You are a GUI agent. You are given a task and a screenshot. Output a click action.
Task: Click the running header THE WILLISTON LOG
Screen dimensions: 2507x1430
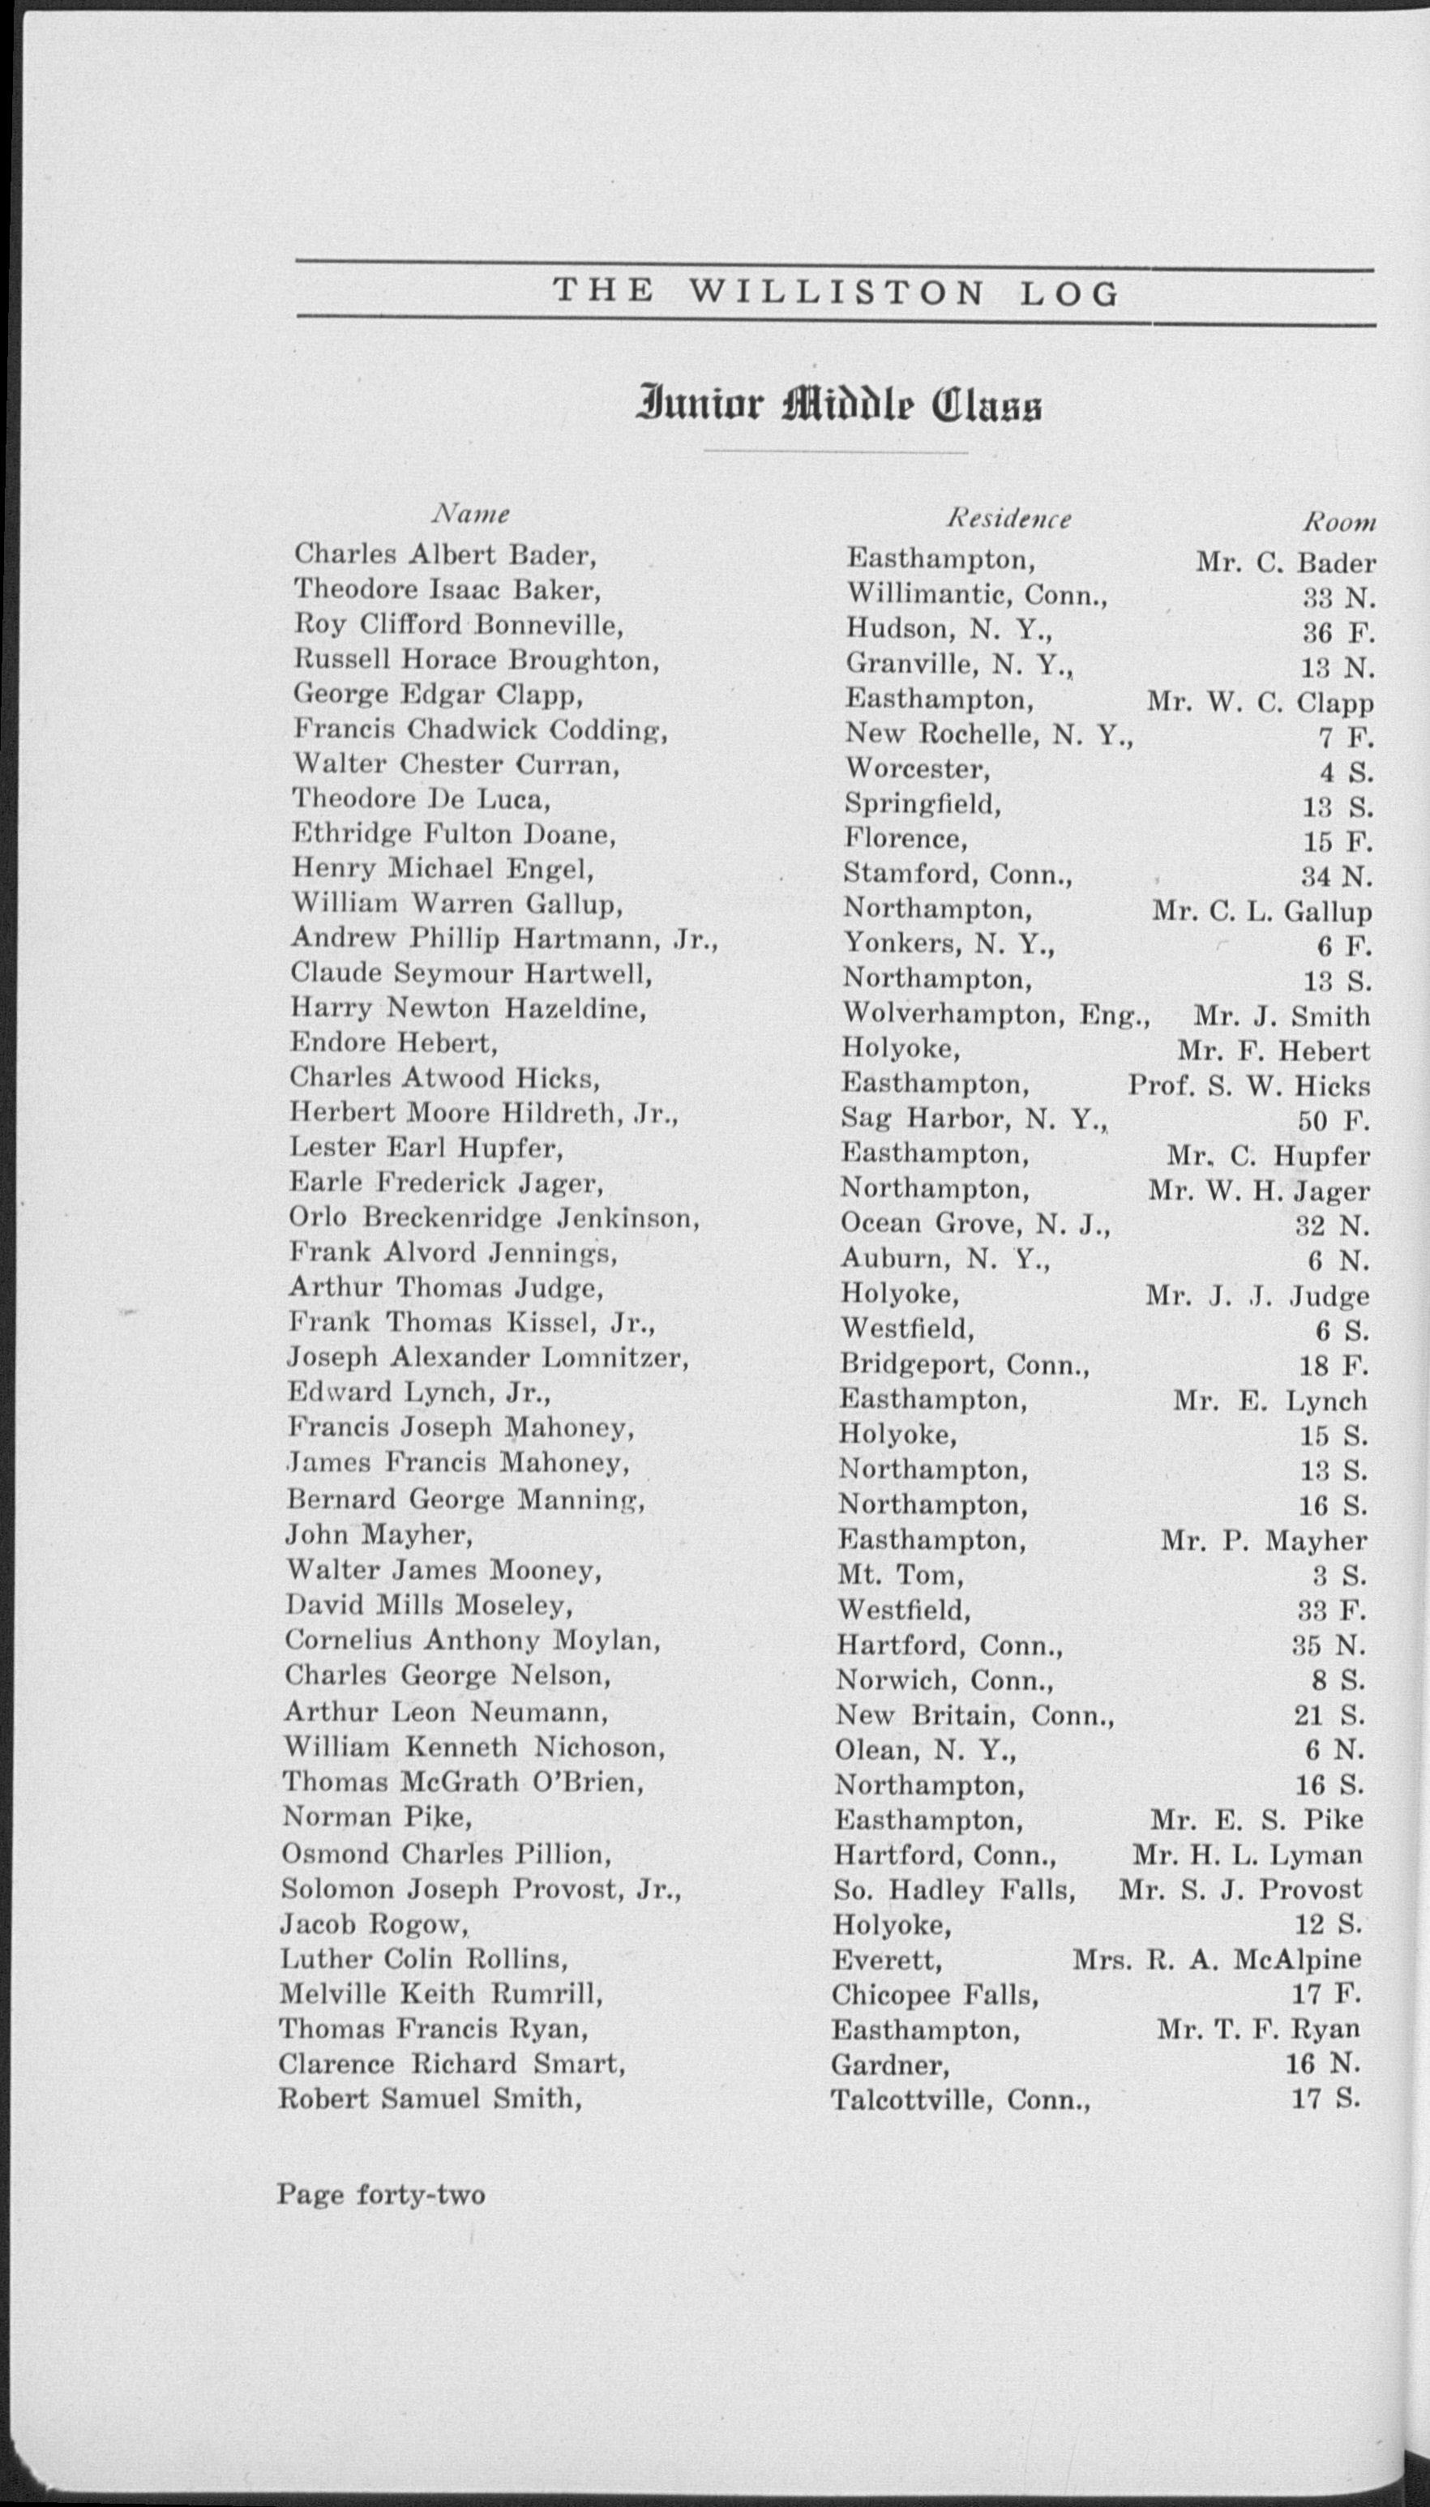(836, 292)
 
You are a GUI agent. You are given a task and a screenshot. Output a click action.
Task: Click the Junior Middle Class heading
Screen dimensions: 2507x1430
(840, 405)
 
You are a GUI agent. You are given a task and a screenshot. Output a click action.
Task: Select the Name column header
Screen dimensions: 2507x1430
(473, 514)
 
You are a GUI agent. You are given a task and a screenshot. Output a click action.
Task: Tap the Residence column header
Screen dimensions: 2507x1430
(1008, 519)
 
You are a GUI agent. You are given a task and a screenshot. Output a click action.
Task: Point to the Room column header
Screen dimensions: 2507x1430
(1338, 523)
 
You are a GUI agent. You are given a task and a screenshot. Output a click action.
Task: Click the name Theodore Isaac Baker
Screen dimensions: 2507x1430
(447, 589)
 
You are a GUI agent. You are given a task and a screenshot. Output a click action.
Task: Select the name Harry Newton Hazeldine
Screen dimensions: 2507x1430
(468, 1008)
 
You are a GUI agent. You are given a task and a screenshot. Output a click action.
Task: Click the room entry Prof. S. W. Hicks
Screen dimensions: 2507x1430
(1248, 1086)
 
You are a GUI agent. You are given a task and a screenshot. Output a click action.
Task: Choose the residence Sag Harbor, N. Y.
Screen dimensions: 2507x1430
(974, 1119)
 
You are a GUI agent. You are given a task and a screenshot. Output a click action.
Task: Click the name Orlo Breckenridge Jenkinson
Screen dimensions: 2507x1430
(494, 1217)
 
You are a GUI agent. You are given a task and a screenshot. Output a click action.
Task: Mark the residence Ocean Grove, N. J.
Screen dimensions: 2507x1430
(975, 1225)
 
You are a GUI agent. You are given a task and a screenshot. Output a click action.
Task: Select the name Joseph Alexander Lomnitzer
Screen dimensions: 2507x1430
(488, 1358)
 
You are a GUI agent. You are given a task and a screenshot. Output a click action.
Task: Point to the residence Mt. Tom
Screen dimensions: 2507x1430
(900, 1575)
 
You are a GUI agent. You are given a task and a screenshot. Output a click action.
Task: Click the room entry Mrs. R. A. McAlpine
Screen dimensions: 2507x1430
(1217, 1960)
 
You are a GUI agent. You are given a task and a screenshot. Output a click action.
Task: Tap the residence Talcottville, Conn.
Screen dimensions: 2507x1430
(961, 2100)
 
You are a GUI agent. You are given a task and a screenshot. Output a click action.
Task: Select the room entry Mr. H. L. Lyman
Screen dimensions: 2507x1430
(1248, 1855)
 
